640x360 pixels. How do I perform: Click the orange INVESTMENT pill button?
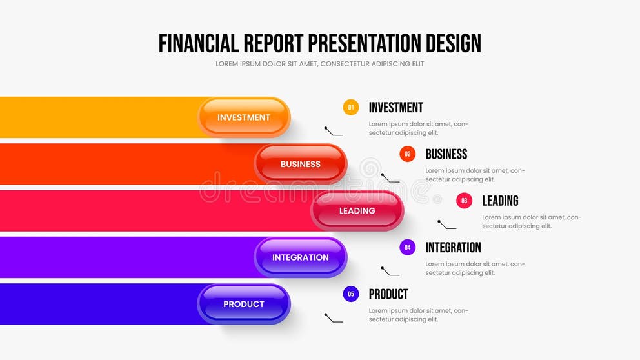[x=244, y=117]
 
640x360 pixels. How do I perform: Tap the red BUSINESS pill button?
[x=301, y=164]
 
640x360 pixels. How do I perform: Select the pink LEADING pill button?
[x=357, y=211]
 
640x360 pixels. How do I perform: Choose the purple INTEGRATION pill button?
[x=301, y=257]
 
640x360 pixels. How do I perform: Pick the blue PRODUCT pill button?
[x=244, y=304]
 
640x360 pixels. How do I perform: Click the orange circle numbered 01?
[x=351, y=108]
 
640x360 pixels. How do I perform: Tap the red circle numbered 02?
[x=407, y=154]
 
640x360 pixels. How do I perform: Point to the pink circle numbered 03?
[x=464, y=201]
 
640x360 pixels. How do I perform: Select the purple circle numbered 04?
[x=407, y=247]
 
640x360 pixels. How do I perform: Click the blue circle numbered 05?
[x=351, y=294]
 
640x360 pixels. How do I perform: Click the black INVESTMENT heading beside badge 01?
[x=395, y=108]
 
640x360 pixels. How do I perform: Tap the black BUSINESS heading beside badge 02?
[x=446, y=154]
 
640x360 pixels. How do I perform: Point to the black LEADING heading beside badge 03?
[x=500, y=201]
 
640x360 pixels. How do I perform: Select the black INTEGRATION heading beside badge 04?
[x=453, y=247]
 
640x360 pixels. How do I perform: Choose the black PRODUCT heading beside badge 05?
[x=388, y=294]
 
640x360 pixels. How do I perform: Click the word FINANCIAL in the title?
[x=199, y=43]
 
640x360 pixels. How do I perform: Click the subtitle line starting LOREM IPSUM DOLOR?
[x=320, y=64]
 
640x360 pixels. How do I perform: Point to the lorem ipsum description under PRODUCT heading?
[x=418, y=315]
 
